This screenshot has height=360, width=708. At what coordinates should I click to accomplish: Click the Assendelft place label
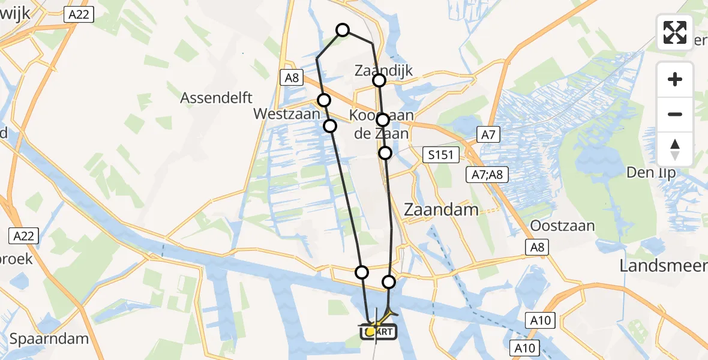pos(217,98)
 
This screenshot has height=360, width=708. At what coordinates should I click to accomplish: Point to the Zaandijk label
pos(383,70)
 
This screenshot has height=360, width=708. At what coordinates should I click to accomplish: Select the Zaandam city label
pos(442,209)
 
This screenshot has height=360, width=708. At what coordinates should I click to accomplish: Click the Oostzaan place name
pos(563,226)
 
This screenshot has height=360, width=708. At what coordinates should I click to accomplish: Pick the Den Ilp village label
pos(652,173)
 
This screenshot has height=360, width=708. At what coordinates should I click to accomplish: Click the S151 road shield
pos(440,155)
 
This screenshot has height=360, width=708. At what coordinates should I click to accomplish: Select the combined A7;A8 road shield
pos(488,174)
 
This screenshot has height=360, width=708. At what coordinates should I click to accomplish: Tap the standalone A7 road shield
pos(488,136)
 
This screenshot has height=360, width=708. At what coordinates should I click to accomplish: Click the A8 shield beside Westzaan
pos(292,77)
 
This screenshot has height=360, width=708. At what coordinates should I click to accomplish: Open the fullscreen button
pos(675,32)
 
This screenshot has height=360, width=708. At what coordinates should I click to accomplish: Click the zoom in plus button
pos(675,79)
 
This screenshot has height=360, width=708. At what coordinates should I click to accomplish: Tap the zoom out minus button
pos(675,114)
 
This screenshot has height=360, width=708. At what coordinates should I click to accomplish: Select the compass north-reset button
pos(675,149)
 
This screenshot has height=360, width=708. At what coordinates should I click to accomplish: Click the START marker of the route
pos(377,331)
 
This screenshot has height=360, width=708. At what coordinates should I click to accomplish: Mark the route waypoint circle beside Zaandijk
pos(379,80)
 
